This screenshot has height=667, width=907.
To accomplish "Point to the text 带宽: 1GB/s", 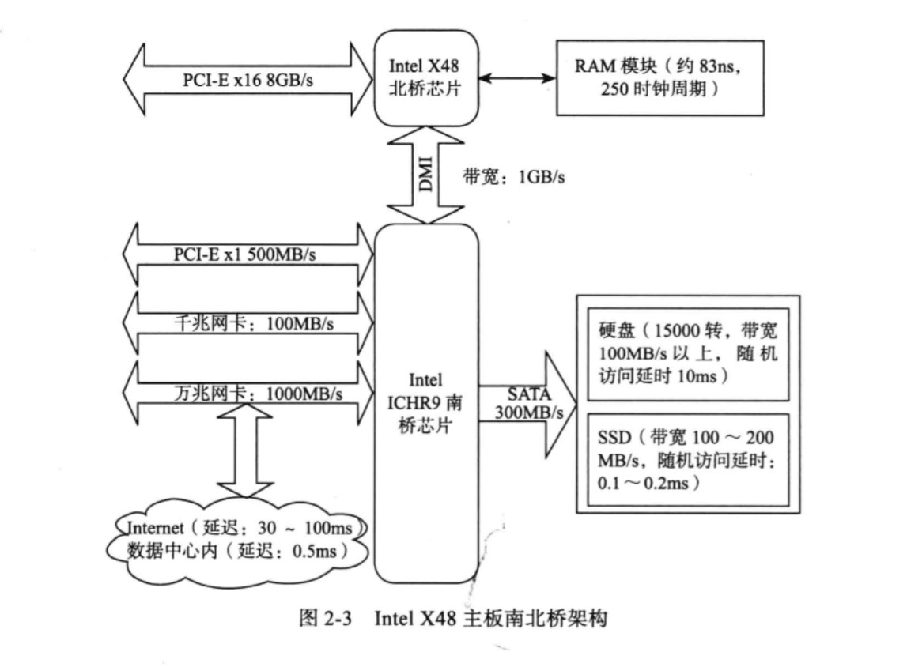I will [514, 177].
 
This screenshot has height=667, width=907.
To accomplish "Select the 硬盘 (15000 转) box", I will [688, 352].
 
